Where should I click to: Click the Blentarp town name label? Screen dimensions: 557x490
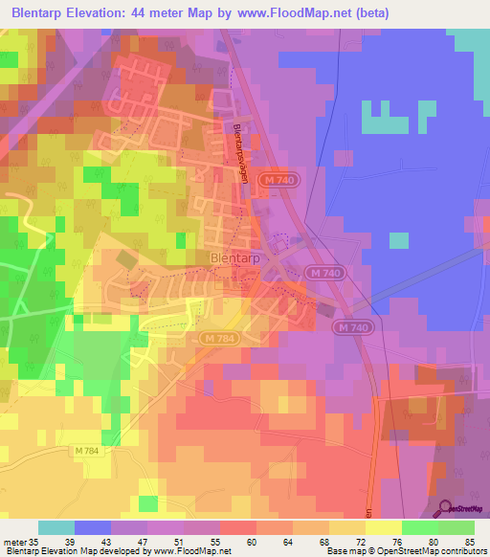coord(231,257)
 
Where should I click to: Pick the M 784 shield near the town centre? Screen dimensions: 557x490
coord(216,338)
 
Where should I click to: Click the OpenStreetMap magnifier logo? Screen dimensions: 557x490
coord(442,509)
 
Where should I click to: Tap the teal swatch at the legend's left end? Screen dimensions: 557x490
coord(56,527)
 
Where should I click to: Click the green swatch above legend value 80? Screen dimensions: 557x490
coord(419,527)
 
